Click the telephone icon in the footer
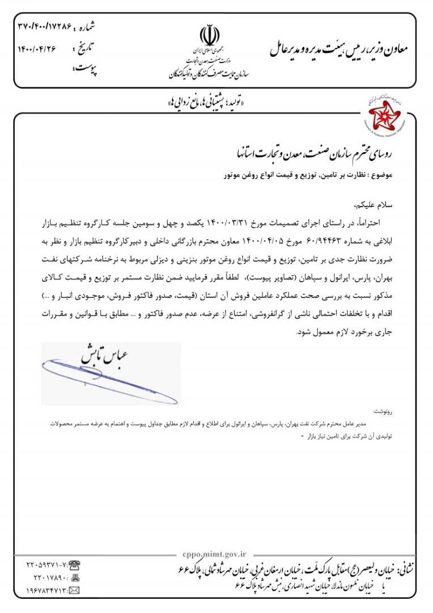(x=74, y=565)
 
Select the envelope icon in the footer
(x=74, y=591)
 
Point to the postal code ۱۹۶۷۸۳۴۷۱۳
(x=48, y=591)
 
